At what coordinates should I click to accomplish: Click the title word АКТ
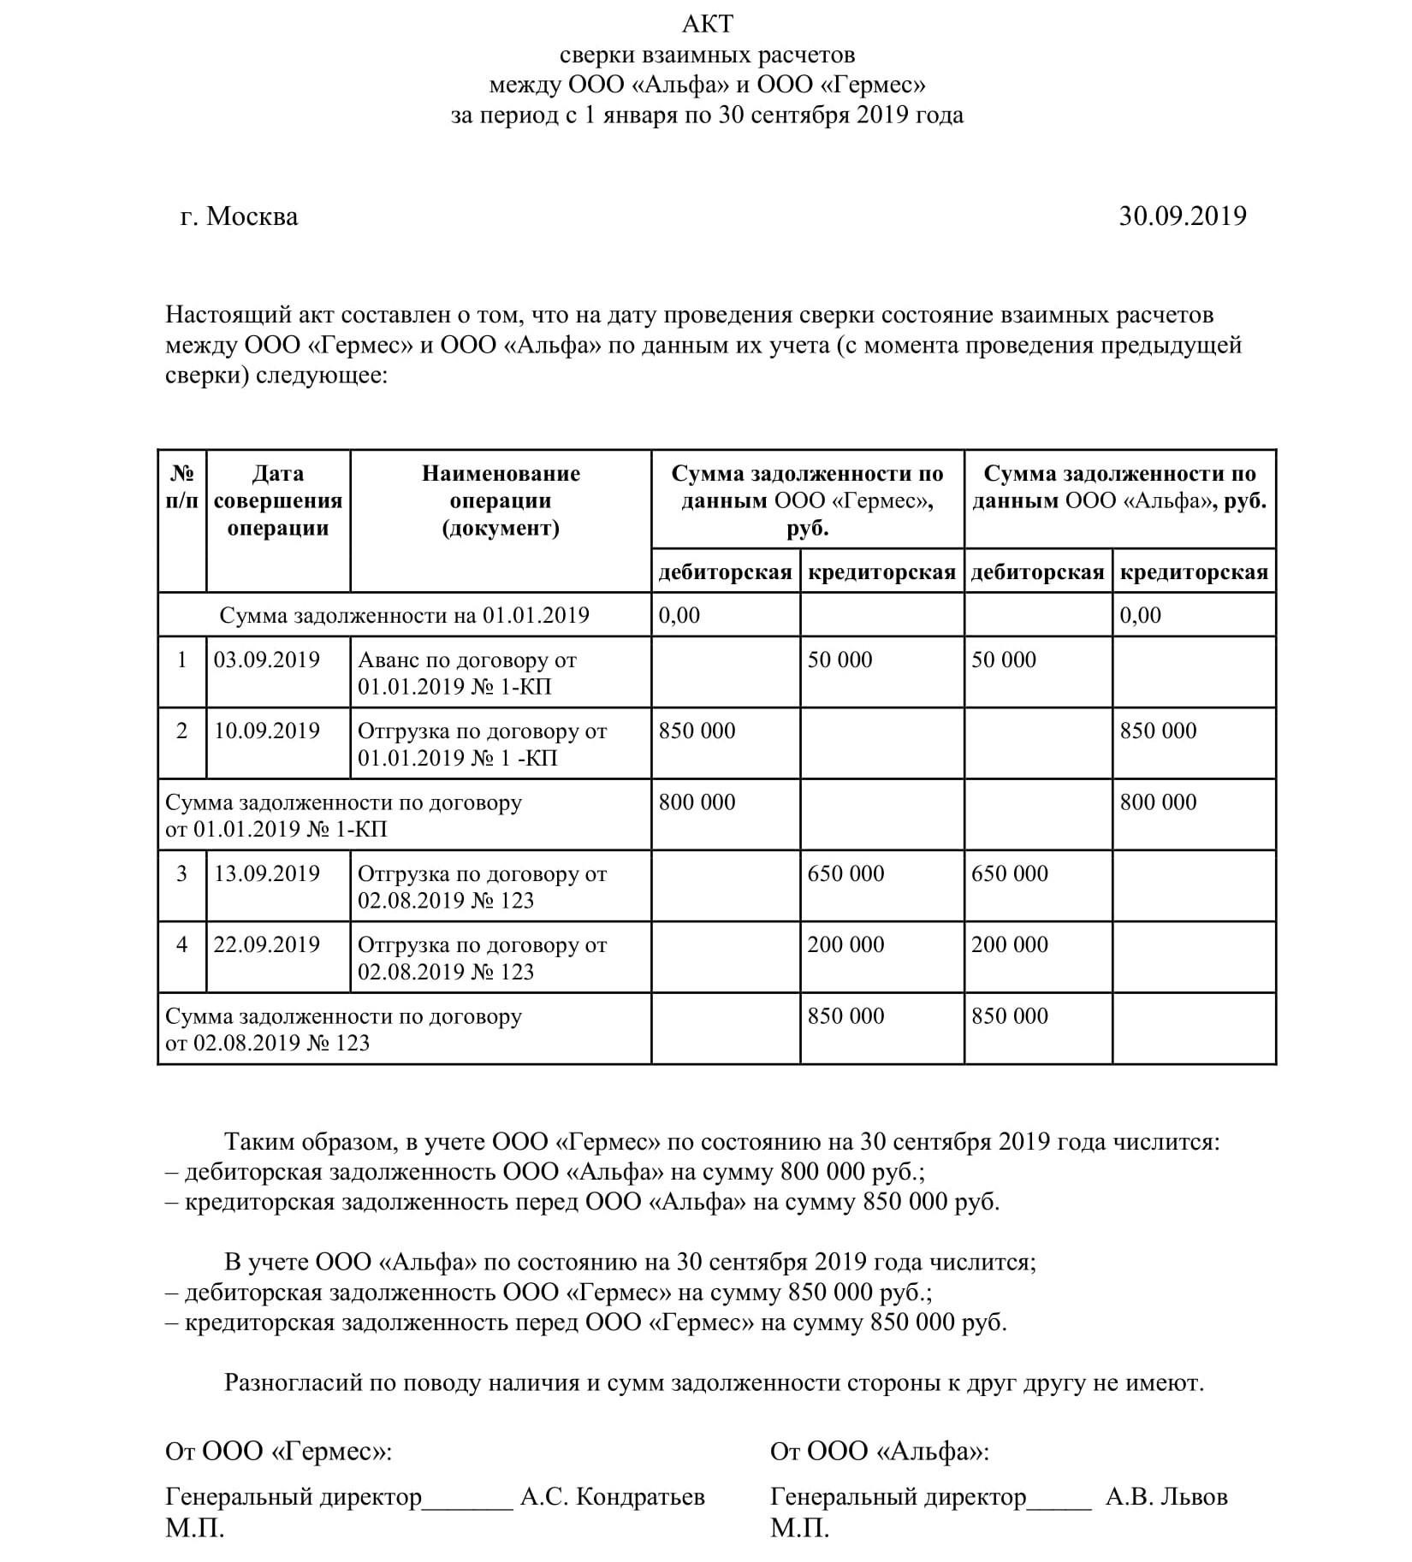(707, 24)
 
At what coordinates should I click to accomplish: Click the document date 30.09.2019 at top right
(1182, 216)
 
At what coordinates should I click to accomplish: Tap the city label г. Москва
(240, 216)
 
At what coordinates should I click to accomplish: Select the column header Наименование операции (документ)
(501, 500)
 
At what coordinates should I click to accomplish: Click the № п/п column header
(181, 487)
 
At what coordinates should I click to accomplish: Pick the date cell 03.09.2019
(266, 660)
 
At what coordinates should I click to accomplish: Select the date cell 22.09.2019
(266, 944)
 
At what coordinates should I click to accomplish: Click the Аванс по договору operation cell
(467, 673)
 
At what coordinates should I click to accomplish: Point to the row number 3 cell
(181, 873)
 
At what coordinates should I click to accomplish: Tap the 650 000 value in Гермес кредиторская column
(845, 873)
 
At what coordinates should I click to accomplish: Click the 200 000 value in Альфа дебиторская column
(1009, 944)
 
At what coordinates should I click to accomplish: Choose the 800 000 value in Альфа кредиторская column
(1158, 802)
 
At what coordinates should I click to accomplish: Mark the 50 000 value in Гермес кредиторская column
(839, 660)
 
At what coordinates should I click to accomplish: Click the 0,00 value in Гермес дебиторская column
(679, 615)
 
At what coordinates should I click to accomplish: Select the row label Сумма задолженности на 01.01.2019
(404, 615)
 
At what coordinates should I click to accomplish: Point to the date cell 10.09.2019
(266, 731)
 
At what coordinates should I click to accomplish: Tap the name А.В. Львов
(1166, 1496)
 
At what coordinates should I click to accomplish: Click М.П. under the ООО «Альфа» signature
(799, 1528)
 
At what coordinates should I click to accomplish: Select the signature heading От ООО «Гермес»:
(278, 1451)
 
